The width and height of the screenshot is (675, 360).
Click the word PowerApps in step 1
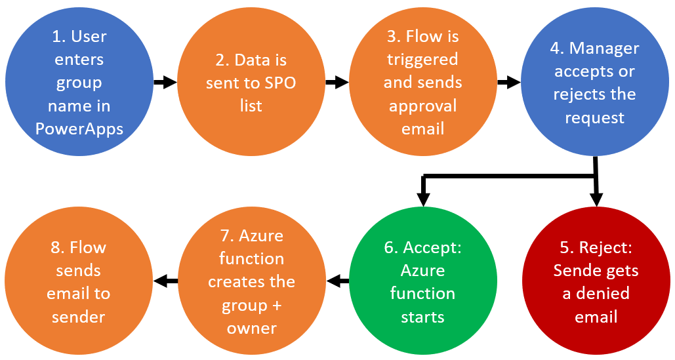tap(79, 129)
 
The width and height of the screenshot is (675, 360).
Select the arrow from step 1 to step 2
tap(165, 82)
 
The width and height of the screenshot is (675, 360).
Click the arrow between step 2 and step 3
tap(337, 82)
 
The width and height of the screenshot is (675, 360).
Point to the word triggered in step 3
tap(422, 59)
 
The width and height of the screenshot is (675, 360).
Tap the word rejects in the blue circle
tap(577, 94)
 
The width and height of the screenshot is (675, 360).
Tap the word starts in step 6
tap(422, 317)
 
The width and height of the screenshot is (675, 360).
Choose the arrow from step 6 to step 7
tap(338, 281)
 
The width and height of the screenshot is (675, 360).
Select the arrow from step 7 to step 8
tap(165, 281)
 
